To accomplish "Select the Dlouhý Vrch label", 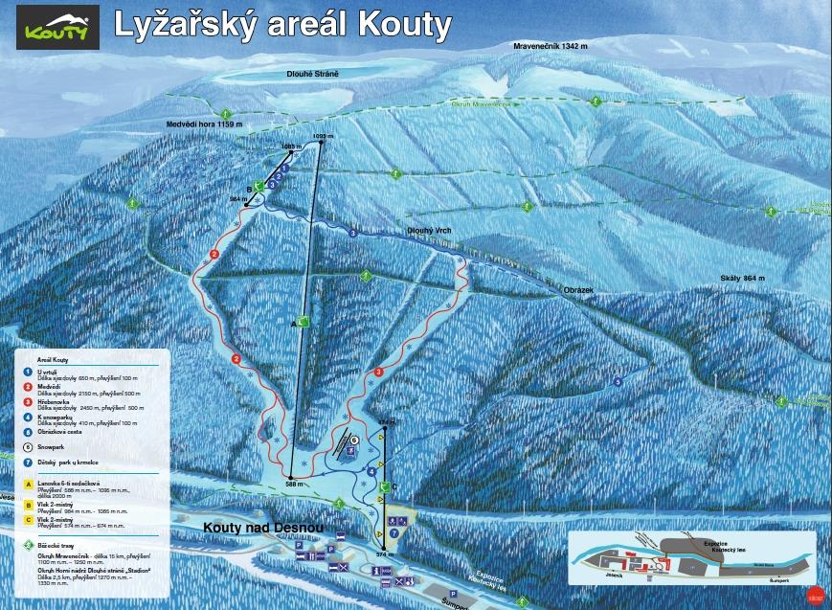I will (430, 230).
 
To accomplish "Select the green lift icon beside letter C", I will (385, 487).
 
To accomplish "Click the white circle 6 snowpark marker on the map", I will (353, 441).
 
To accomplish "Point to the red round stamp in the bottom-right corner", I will (815, 594).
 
